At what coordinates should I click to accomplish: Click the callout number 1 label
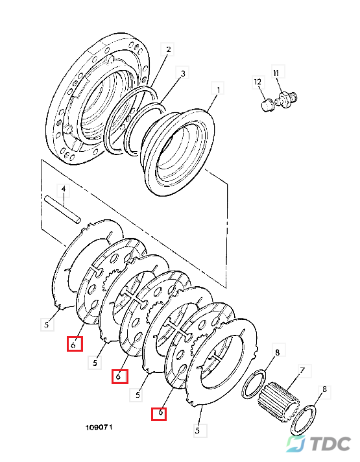click(x=218, y=89)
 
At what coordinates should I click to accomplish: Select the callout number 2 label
click(x=167, y=49)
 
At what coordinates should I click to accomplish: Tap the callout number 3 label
click(x=183, y=73)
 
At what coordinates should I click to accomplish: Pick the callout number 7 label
click(x=302, y=370)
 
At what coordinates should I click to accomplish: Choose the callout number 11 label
click(x=276, y=72)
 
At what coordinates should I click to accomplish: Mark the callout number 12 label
click(x=258, y=82)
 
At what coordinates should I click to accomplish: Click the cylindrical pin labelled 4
click(x=62, y=208)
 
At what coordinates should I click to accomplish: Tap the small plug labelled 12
click(x=268, y=106)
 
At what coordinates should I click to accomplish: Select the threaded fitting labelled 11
click(x=286, y=99)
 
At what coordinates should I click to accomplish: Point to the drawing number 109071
click(x=99, y=427)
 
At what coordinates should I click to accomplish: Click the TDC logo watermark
click(x=318, y=444)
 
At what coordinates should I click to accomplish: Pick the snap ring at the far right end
click(x=304, y=420)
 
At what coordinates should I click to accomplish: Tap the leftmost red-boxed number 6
click(x=75, y=343)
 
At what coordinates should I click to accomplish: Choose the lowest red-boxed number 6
click(x=159, y=414)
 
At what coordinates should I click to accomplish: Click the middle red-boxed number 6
click(x=119, y=376)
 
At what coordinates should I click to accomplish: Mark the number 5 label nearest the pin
click(x=47, y=324)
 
